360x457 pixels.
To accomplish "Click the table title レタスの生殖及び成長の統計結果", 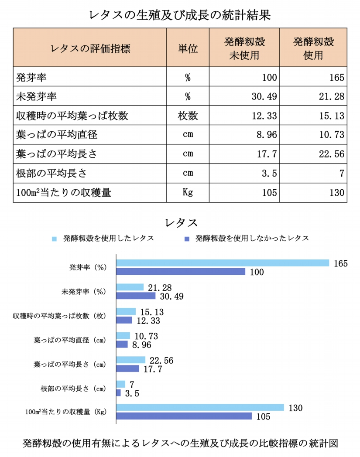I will [x=180, y=15].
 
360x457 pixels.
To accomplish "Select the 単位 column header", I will [x=188, y=48].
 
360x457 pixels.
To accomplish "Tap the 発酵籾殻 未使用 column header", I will [x=244, y=48].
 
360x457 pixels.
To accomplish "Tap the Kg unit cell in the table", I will [x=188, y=192].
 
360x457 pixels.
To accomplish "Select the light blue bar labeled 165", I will [x=223, y=263].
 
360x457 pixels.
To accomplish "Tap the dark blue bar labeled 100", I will [x=181, y=272].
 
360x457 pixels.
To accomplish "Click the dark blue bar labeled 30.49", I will [x=136, y=296].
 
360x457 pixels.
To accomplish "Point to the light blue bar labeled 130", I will [x=200, y=407].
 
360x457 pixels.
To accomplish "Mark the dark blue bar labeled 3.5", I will [x=119, y=392].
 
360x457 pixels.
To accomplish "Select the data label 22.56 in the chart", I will [x=162, y=360].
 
